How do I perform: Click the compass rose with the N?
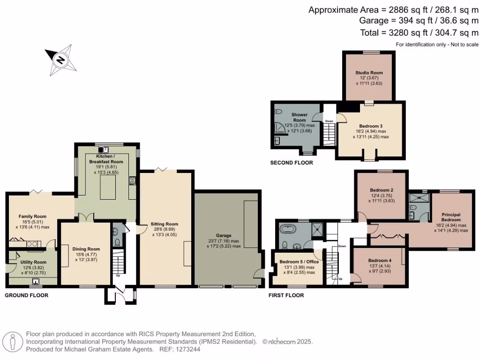pyautogui.click(x=60, y=60)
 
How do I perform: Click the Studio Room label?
pyautogui.click(x=369, y=73)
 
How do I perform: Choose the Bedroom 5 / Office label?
pyautogui.click(x=299, y=262)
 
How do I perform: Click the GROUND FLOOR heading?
pyautogui.click(x=26, y=295)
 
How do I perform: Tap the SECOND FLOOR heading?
pyautogui.click(x=292, y=163)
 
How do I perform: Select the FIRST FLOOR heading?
pyautogui.click(x=286, y=295)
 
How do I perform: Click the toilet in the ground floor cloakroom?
pyautogui.click(x=117, y=242)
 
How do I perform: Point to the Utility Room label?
pyautogui.click(x=33, y=262)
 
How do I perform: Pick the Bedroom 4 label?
pyautogui.click(x=380, y=260)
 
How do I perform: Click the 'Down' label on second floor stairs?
pyautogui.click(x=329, y=121)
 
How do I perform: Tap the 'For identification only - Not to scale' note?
pyautogui.click(x=437, y=45)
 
